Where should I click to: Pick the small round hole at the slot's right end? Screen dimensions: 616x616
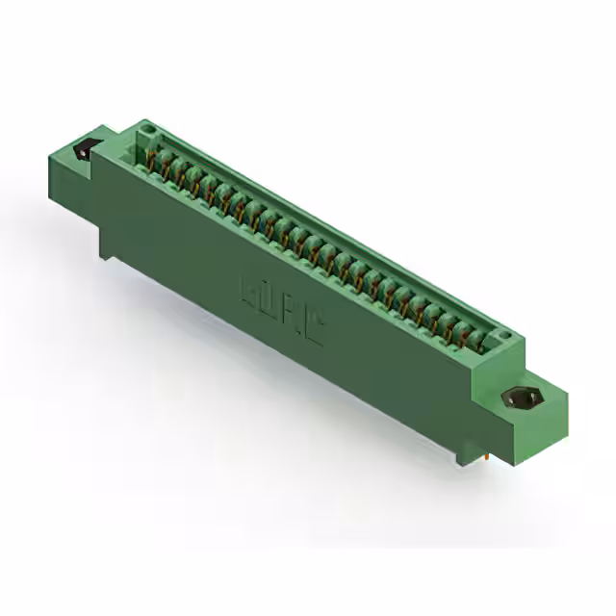click(x=500, y=336)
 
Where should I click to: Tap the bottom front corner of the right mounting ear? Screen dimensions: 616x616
click(x=545, y=433)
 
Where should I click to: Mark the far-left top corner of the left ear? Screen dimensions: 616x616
click(x=49, y=154)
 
